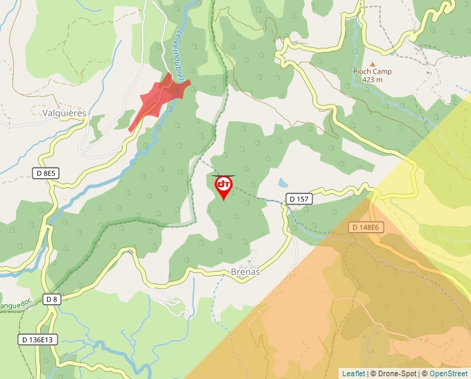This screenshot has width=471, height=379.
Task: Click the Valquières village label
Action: [x=64, y=113]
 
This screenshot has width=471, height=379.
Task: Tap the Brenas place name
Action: [x=245, y=272]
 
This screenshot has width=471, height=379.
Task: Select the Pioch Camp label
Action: [x=372, y=71]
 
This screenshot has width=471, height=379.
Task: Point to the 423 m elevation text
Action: [x=372, y=80]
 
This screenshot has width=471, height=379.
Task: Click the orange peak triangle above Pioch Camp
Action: [x=372, y=64]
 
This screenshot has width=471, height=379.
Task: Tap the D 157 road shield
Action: [x=299, y=200]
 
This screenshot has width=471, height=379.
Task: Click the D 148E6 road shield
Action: [x=365, y=227]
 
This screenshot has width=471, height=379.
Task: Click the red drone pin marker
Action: [x=224, y=186]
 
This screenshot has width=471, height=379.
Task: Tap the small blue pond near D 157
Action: [x=281, y=184]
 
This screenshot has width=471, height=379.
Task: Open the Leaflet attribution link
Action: [x=353, y=373]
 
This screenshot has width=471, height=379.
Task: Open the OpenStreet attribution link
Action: [x=450, y=373]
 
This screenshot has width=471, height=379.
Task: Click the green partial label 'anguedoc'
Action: [x=15, y=305]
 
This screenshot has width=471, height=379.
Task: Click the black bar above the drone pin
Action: [x=224, y=175]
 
